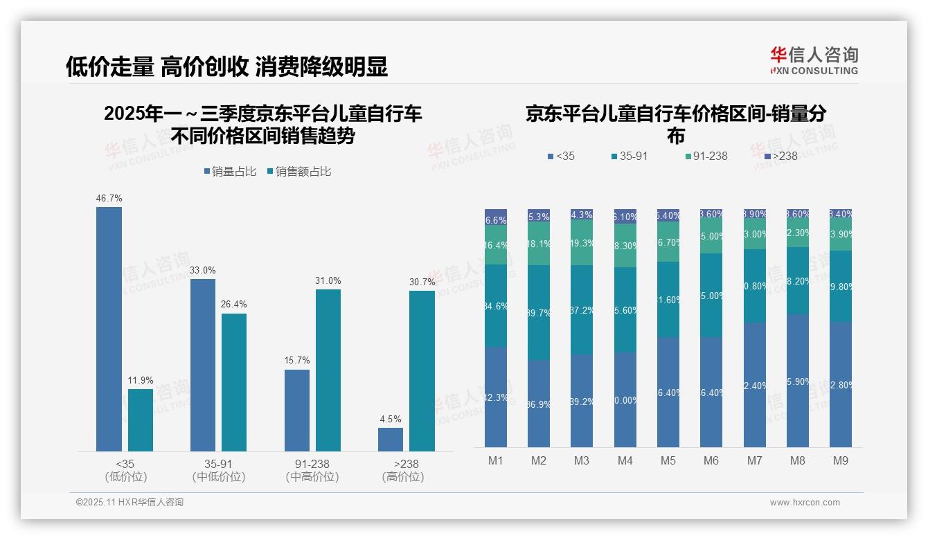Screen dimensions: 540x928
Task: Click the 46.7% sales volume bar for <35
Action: point(109,330)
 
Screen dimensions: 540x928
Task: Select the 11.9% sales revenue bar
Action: point(140,420)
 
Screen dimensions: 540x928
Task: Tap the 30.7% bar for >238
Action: point(422,371)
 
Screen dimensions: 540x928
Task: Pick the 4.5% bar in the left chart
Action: point(391,440)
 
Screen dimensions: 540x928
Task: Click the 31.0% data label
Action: point(328,280)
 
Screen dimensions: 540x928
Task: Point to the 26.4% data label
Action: point(233,305)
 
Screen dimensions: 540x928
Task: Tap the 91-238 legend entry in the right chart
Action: point(706,156)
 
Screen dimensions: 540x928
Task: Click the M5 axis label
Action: point(668,460)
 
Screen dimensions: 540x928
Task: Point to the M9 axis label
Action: point(840,460)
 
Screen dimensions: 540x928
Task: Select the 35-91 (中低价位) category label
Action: point(219,470)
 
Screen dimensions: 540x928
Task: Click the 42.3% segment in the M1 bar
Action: point(496,397)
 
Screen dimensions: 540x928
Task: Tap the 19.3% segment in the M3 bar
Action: point(582,243)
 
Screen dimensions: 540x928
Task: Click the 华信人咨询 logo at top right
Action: point(814,61)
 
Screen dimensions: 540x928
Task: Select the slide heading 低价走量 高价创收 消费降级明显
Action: point(226,66)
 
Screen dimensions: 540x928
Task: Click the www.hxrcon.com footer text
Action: point(805,503)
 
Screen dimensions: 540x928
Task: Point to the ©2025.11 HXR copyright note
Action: point(130,503)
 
